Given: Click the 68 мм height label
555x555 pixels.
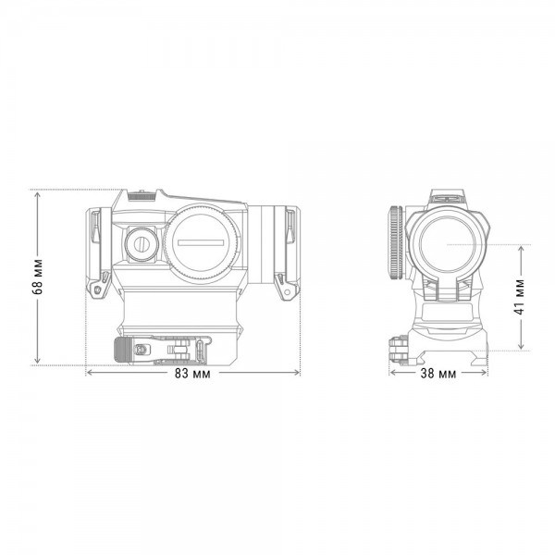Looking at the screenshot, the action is (x=38, y=277).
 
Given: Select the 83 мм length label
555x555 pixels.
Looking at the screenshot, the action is (x=192, y=374).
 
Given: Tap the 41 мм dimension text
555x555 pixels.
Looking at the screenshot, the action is (x=520, y=297).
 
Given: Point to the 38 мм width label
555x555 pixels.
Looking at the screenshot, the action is (x=438, y=373).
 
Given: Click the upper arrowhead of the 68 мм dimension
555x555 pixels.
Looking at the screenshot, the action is (x=38, y=193).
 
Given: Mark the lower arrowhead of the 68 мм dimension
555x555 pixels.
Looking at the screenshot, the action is (x=38, y=361).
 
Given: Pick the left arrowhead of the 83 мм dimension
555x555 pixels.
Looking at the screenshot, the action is (x=90, y=373).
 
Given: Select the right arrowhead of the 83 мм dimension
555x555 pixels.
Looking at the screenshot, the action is (x=297, y=373).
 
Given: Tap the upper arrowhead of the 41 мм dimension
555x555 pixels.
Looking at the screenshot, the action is (x=521, y=249).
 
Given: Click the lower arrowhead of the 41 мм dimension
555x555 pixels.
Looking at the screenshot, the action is (x=521, y=346).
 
